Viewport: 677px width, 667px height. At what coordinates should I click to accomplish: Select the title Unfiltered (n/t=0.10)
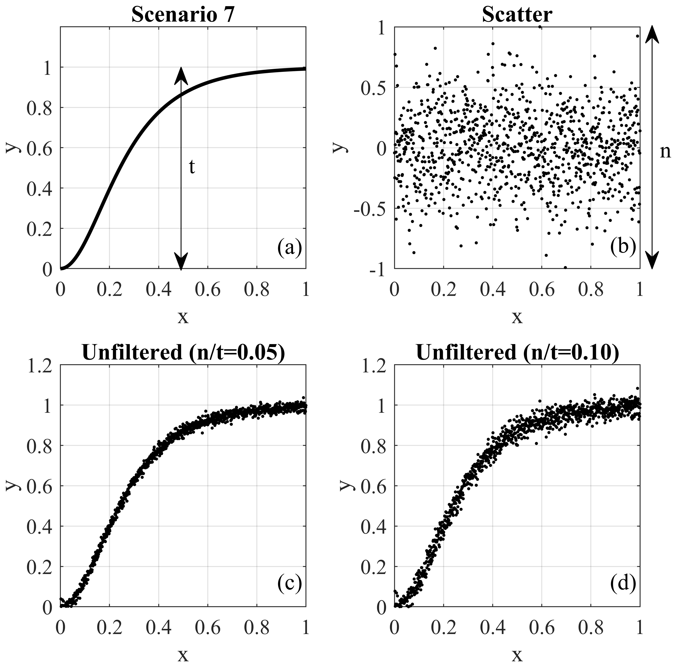point(517,353)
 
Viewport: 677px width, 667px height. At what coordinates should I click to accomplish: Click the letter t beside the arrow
point(192,168)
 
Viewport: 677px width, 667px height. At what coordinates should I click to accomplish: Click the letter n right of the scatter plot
point(665,152)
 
